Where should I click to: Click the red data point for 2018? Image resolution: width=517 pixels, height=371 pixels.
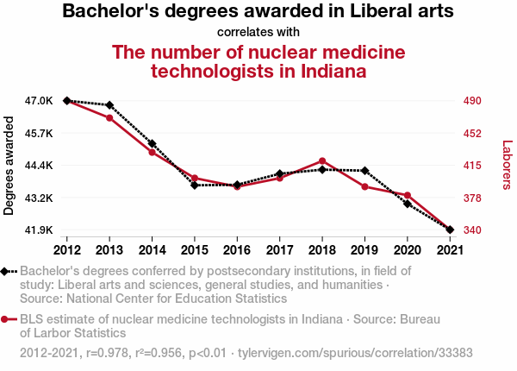(x=322, y=161)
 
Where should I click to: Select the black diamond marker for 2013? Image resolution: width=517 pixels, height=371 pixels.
(x=109, y=105)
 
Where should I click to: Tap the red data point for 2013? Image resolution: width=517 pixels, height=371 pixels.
(x=109, y=118)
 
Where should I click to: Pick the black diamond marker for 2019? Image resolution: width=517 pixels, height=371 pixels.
(x=364, y=171)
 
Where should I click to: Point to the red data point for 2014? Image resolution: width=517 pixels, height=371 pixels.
(x=152, y=153)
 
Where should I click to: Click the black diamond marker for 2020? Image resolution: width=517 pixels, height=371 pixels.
(x=407, y=204)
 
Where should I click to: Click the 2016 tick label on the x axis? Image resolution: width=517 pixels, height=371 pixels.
(x=237, y=250)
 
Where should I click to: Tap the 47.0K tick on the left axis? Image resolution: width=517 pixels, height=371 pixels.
(x=39, y=101)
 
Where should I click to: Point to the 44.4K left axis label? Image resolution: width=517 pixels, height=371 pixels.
(x=39, y=166)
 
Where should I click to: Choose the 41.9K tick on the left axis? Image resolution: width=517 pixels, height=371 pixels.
(x=39, y=230)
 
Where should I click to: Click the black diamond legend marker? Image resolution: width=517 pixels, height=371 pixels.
(x=6, y=271)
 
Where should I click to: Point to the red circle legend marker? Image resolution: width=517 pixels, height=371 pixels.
(x=6, y=319)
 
